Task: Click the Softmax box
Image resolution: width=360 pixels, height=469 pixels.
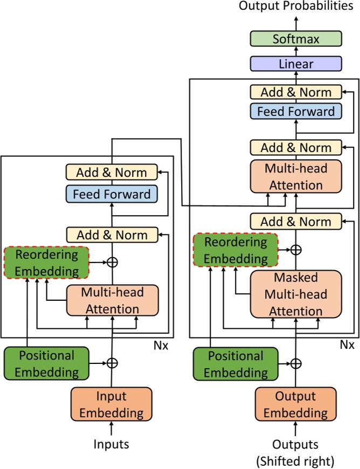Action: click(296, 39)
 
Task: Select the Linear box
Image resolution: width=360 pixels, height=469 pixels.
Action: click(296, 64)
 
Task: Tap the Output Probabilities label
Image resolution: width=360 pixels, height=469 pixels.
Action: click(296, 6)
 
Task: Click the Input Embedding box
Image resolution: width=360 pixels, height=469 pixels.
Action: click(112, 405)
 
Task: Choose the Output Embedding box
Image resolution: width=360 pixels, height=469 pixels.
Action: click(295, 405)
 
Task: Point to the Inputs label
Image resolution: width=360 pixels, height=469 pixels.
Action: click(112, 444)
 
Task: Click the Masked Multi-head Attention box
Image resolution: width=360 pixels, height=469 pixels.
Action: click(296, 294)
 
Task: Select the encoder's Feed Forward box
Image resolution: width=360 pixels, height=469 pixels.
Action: click(112, 194)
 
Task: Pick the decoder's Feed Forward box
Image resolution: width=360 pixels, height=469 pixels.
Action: click(296, 112)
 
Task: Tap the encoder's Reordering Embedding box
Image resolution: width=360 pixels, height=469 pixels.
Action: click(46, 263)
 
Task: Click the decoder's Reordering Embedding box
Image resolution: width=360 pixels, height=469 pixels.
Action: click(235, 250)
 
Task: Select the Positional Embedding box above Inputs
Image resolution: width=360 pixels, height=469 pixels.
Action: click(47, 363)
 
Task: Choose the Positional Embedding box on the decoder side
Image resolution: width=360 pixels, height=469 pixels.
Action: click(236, 363)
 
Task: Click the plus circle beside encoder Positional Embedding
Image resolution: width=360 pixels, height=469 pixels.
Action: click(112, 363)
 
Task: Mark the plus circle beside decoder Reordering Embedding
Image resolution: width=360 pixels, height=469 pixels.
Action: click(296, 250)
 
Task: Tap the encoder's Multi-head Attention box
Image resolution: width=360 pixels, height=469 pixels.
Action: click(112, 300)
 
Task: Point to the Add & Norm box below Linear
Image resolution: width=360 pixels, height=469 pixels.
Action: click(296, 92)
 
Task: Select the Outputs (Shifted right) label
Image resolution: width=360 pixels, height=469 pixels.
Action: click(295, 452)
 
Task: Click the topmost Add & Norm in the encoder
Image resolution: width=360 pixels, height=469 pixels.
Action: click(112, 173)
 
